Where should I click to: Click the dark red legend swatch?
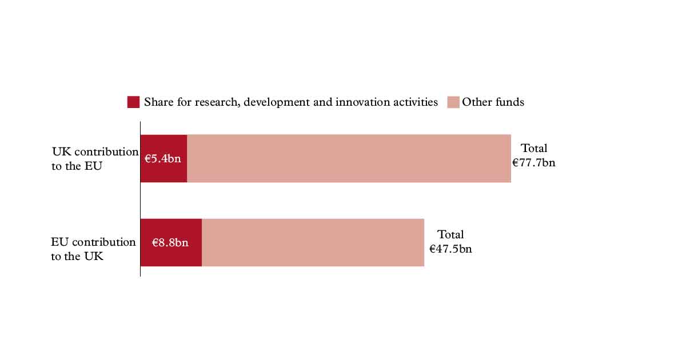pyautogui.click(x=133, y=102)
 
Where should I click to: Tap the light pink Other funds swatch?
pyautogui.click(x=453, y=102)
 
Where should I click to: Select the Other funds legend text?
pyautogui.click(x=493, y=102)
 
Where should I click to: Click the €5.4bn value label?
pyautogui.click(x=162, y=159)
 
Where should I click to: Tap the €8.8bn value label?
pyautogui.click(x=170, y=242)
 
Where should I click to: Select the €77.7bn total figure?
pyautogui.click(x=533, y=162)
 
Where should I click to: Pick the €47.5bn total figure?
pyautogui.click(x=450, y=249)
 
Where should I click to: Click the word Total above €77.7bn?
pyautogui.click(x=534, y=148)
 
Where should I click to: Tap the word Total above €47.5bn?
pyautogui.click(x=450, y=234)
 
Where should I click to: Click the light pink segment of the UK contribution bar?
pyautogui.click(x=349, y=159)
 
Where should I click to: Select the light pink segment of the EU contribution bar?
pyautogui.click(x=313, y=242)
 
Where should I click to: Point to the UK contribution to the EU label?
pyautogui.click(x=95, y=159)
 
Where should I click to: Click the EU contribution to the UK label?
pyautogui.click(x=93, y=249)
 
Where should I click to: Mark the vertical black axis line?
pyautogui.click(x=140, y=199)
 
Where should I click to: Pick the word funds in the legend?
pyautogui.click(x=509, y=102)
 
